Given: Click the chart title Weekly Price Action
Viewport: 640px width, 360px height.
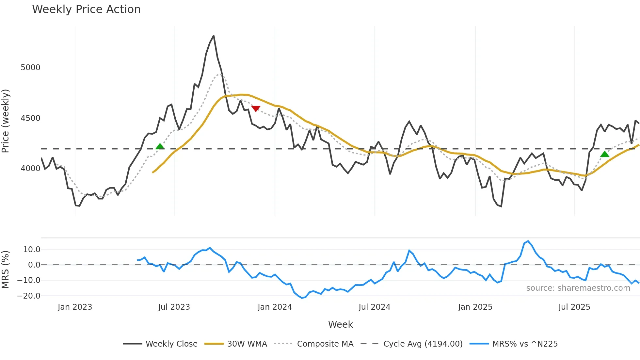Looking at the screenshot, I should tap(86, 9).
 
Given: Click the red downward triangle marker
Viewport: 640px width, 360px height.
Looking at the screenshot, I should tap(256, 109).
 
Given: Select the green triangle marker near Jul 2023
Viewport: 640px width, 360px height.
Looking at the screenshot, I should tap(160, 146).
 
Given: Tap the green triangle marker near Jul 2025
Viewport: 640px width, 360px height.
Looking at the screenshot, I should tap(604, 154).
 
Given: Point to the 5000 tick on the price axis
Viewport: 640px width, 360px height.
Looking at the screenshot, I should tap(30, 68).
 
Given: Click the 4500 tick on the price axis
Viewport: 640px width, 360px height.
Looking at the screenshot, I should tap(30, 118).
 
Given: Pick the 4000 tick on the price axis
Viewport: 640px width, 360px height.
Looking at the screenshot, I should tap(30, 169).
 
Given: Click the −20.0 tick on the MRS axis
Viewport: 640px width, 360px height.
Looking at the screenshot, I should tap(29, 296).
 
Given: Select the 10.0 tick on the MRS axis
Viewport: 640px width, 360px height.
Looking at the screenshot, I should tap(32, 250).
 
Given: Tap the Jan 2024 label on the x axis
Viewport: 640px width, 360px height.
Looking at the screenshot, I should tap(275, 307).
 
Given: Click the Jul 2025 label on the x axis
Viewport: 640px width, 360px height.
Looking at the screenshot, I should tap(574, 307).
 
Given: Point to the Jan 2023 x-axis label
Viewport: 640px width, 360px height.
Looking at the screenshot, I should tap(75, 307).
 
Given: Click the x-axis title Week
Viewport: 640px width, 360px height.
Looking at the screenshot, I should tap(340, 324).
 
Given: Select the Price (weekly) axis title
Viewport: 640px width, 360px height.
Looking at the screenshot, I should tap(6, 121).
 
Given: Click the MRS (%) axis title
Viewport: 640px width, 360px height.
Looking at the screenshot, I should tap(6, 270).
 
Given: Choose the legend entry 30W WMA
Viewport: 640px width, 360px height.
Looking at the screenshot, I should tap(247, 344).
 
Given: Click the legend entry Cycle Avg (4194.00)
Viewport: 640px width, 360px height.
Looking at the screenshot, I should tap(423, 344).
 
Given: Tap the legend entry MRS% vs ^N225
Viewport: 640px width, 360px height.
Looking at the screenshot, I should tap(525, 344).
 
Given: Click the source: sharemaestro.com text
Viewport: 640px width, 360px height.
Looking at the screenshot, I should tap(578, 288).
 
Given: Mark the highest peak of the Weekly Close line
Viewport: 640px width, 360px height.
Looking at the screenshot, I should tap(214, 36).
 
